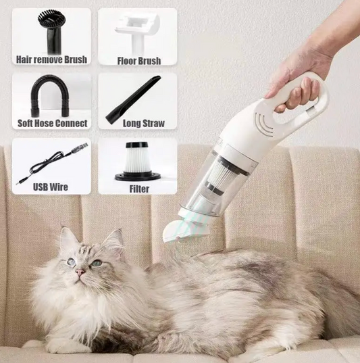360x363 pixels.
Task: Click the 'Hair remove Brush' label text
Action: click(x=51, y=59)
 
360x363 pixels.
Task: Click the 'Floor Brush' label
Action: click(x=139, y=61)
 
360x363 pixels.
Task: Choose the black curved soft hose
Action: click(x=50, y=97)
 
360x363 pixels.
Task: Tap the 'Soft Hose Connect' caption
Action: click(x=53, y=124)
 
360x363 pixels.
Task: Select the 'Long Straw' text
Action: click(x=144, y=124)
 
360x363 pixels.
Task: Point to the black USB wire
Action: click(x=52, y=164)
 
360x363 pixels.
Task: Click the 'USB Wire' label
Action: click(x=51, y=187)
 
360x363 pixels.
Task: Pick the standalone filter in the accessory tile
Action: click(x=138, y=161)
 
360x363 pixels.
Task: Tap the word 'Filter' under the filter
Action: click(x=139, y=189)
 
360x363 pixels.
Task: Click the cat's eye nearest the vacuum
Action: click(x=97, y=263)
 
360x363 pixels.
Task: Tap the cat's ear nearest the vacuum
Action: click(x=115, y=241)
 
